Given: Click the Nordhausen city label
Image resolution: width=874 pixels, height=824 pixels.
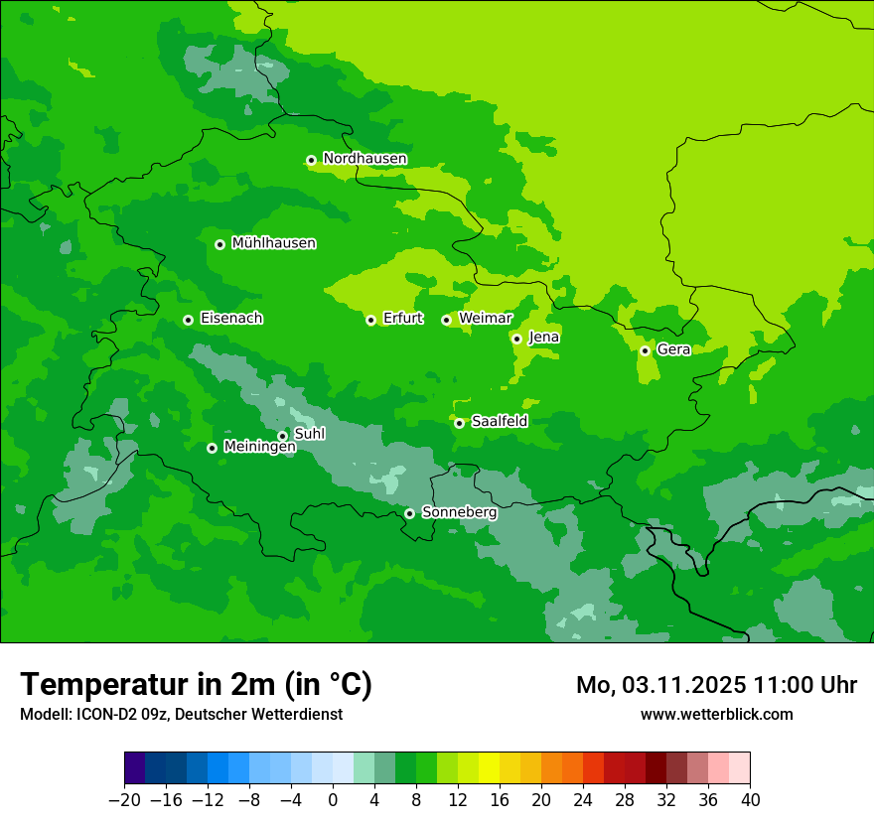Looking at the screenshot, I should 364,159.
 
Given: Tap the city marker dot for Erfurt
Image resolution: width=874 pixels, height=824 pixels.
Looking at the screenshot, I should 370,320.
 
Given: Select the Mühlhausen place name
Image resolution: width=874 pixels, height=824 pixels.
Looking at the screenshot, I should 273,243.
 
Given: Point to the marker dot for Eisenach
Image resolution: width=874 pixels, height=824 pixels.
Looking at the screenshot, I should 188,320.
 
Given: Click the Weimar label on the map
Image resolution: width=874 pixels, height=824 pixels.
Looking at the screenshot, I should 485,319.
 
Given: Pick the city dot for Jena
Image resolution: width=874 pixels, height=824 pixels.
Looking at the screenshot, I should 516,339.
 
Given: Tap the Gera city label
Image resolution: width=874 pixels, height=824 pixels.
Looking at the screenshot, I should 673,349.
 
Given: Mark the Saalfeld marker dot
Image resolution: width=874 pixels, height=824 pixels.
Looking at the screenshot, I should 459,423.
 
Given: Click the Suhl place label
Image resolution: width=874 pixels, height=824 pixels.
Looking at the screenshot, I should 309,434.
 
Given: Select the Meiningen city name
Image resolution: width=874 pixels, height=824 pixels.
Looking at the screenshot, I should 259,448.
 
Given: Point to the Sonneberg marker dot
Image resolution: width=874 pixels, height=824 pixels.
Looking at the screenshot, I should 409,513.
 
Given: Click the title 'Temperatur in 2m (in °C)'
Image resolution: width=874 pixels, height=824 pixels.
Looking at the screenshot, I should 196,685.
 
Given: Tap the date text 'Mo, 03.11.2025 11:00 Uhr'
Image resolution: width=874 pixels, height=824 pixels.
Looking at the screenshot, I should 716,685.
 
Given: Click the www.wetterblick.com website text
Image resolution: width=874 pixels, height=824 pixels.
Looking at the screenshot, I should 716,714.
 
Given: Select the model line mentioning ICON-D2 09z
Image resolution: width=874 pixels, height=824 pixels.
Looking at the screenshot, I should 181,714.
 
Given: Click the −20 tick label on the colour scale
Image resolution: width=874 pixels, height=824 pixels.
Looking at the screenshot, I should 124,800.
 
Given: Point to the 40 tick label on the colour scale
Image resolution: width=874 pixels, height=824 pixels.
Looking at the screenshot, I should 750,800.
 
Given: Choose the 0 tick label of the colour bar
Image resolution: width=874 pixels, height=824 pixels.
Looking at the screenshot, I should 333,800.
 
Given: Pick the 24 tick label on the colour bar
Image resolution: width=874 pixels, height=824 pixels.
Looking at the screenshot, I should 583,800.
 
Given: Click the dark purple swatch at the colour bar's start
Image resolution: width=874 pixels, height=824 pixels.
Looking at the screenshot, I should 134,767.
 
